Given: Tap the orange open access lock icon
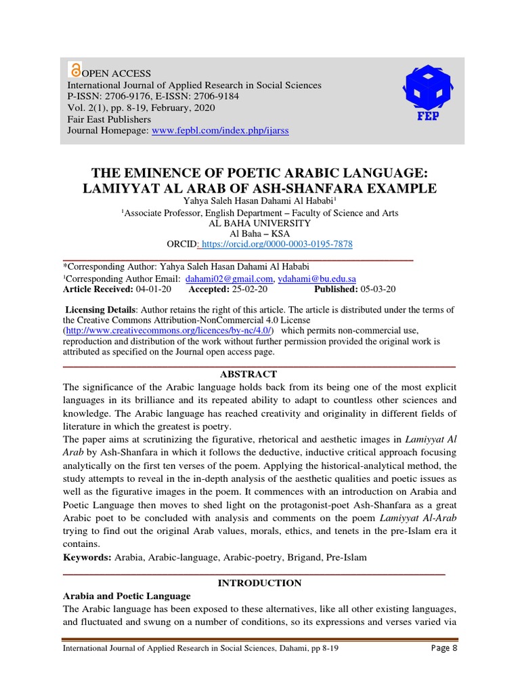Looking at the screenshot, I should (75, 70).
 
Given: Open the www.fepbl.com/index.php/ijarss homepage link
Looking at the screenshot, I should (220, 130).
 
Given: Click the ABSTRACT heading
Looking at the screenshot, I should (248, 374).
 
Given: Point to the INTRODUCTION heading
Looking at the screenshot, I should (259, 583).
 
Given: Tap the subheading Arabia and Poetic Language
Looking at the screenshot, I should (127, 596).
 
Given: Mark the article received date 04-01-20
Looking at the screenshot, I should (154, 289).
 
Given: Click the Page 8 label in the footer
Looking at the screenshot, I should (444, 649).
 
